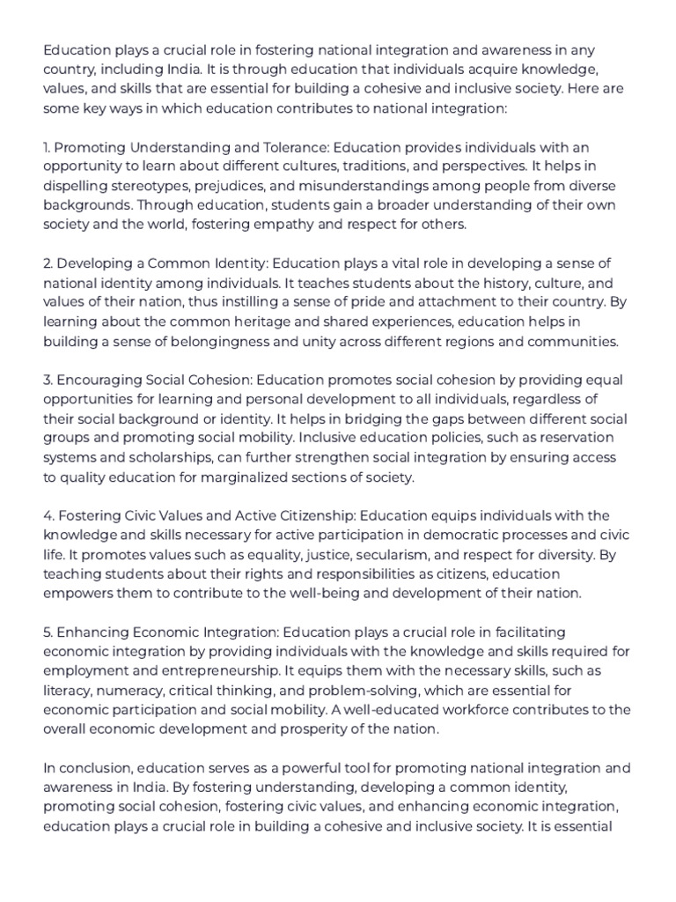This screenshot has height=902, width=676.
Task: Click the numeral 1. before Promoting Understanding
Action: point(48,147)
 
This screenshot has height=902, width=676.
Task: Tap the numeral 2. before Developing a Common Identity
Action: point(48,263)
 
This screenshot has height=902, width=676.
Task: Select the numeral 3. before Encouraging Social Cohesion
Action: point(48,380)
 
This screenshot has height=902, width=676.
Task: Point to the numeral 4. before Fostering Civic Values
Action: point(48,515)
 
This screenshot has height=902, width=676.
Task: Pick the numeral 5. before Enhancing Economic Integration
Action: point(48,632)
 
